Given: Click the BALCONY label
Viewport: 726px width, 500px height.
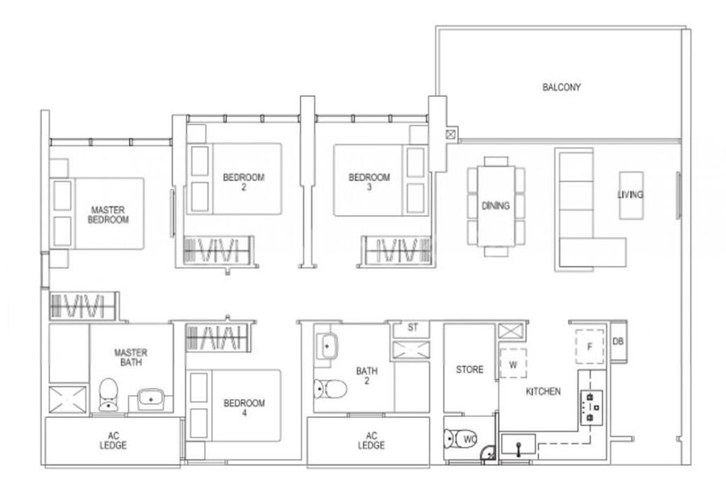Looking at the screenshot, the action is pos(561,87).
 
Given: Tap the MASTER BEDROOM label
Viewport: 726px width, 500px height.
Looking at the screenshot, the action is pos(108,215).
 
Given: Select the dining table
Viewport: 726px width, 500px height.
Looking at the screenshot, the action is pos(496,206).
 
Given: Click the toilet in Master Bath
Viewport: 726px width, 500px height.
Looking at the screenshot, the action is pos(108,394).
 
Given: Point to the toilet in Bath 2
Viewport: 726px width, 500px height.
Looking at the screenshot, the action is pos(330,389).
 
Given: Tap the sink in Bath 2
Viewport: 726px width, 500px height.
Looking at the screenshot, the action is pos(328,346).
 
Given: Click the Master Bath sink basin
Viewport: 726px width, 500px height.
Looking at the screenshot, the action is pos(151,398).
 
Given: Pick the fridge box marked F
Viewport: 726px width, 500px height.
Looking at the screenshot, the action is pos(590,346).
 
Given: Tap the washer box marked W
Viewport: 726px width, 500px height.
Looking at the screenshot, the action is pos(513,364).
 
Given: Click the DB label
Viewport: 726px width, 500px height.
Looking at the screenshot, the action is pos(618,341).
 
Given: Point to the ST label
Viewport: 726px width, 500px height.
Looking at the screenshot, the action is pos(412,327).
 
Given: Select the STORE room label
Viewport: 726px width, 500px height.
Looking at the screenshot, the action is pos(469,369).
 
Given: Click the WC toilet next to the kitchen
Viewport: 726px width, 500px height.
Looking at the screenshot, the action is pos(461,439).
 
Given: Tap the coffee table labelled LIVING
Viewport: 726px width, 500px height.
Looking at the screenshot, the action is pos(631,195).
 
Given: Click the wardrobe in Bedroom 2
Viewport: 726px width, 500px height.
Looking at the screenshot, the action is pos(218,251).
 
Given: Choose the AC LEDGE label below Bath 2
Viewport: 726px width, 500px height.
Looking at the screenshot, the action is pos(371,440).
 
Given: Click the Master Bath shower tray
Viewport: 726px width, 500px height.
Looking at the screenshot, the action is pos(68,399).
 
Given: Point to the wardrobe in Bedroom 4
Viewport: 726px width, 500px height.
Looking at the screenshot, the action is pos(218,337).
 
